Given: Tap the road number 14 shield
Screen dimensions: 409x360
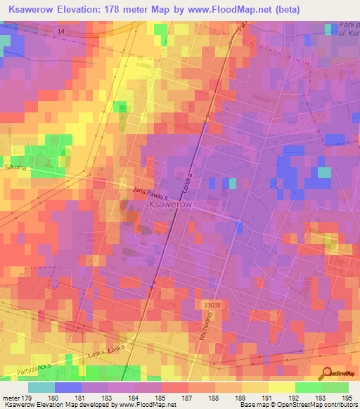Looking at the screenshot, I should (61, 32).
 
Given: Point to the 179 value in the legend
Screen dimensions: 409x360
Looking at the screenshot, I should (27, 398).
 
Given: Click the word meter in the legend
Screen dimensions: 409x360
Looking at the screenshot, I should (11, 398).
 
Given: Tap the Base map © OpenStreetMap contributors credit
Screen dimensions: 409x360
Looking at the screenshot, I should (299, 405).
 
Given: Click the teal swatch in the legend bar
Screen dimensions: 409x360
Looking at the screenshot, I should (41, 387).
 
